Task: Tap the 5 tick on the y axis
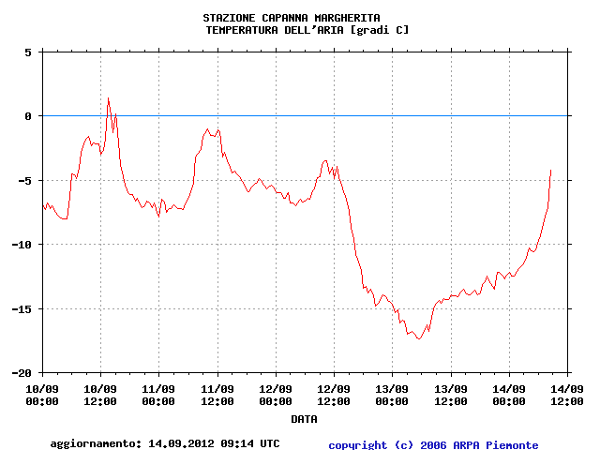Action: point(28,52)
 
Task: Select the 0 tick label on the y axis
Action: point(28,116)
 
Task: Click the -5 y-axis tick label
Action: point(25,180)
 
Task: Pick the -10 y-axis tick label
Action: point(22,245)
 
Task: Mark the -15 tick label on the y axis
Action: point(22,308)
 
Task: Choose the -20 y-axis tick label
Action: point(22,372)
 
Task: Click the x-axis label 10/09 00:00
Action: point(42,395)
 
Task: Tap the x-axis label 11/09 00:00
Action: point(158,395)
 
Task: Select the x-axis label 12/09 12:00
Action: point(334,395)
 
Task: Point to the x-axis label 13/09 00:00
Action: point(392,395)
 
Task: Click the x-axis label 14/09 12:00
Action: point(566,395)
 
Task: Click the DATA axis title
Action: point(303,419)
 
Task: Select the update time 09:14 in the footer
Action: point(236,443)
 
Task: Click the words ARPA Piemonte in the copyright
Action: point(506,445)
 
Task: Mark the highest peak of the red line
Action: point(108,97)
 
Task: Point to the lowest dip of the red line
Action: point(419,338)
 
